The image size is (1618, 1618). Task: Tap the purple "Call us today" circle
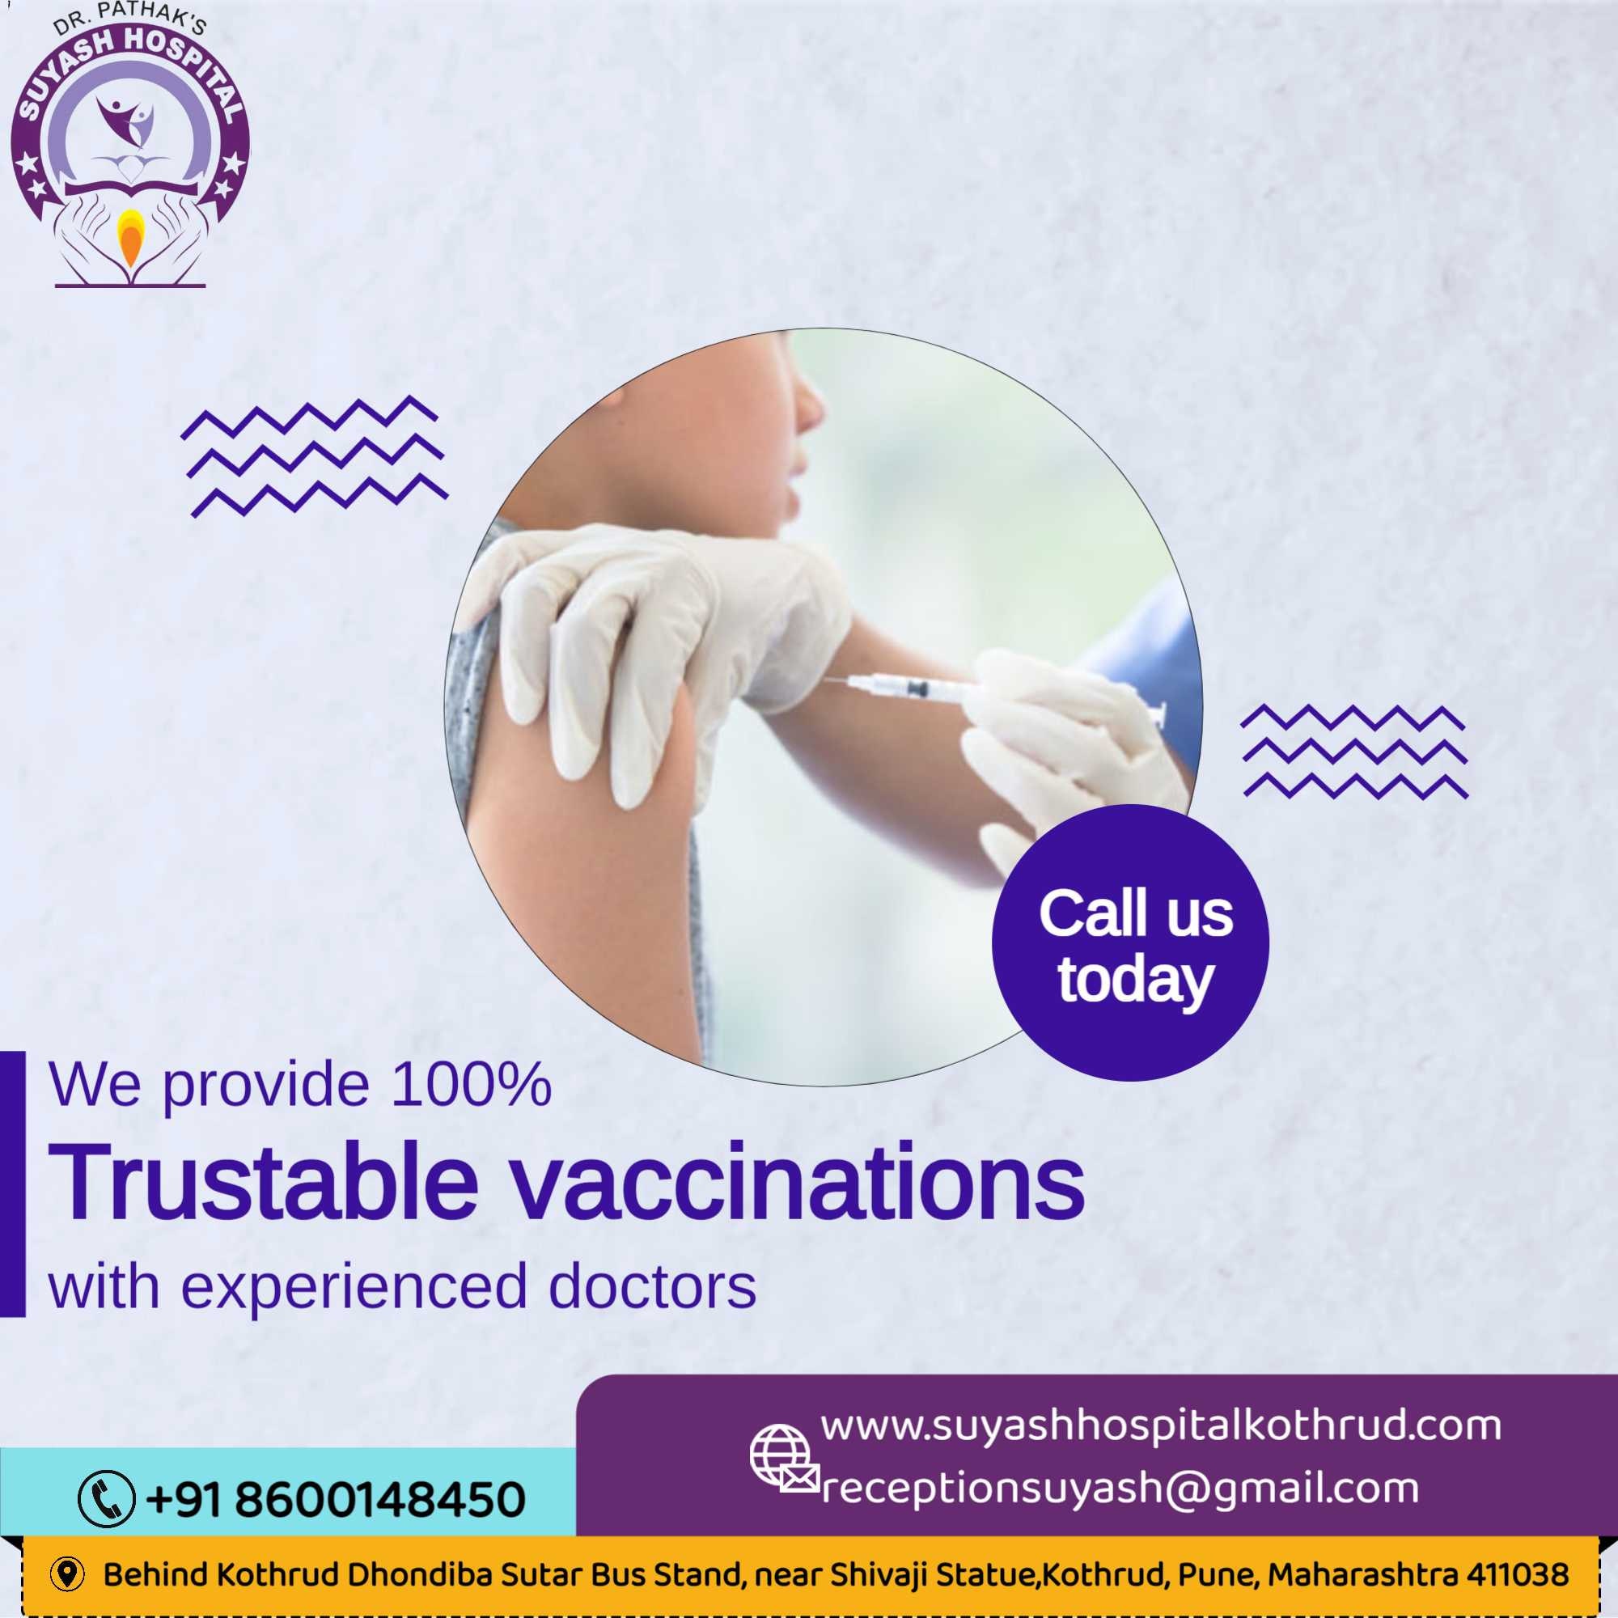[x=1131, y=943]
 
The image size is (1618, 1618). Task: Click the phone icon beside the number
[x=106, y=1498]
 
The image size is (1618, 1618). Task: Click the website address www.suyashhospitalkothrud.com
[x=1161, y=1427]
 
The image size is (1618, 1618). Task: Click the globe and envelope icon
[x=784, y=1459]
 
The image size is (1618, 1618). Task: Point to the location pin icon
[x=67, y=1574]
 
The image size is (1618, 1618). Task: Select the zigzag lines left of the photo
[x=314, y=455]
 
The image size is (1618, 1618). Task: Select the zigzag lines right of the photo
[x=1354, y=752]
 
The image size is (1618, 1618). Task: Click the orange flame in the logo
[x=129, y=238]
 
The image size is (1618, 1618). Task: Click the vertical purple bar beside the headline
[x=13, y=1184]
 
